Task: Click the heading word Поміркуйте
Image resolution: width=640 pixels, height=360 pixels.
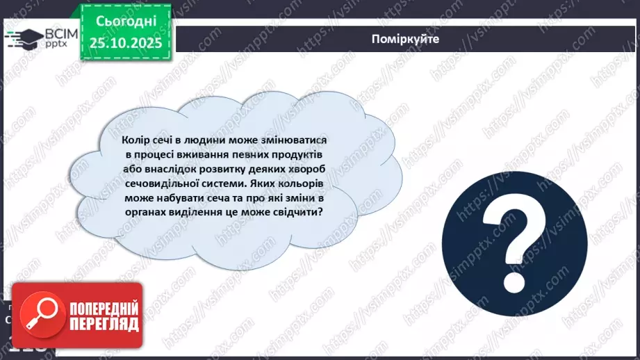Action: (405, 39)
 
